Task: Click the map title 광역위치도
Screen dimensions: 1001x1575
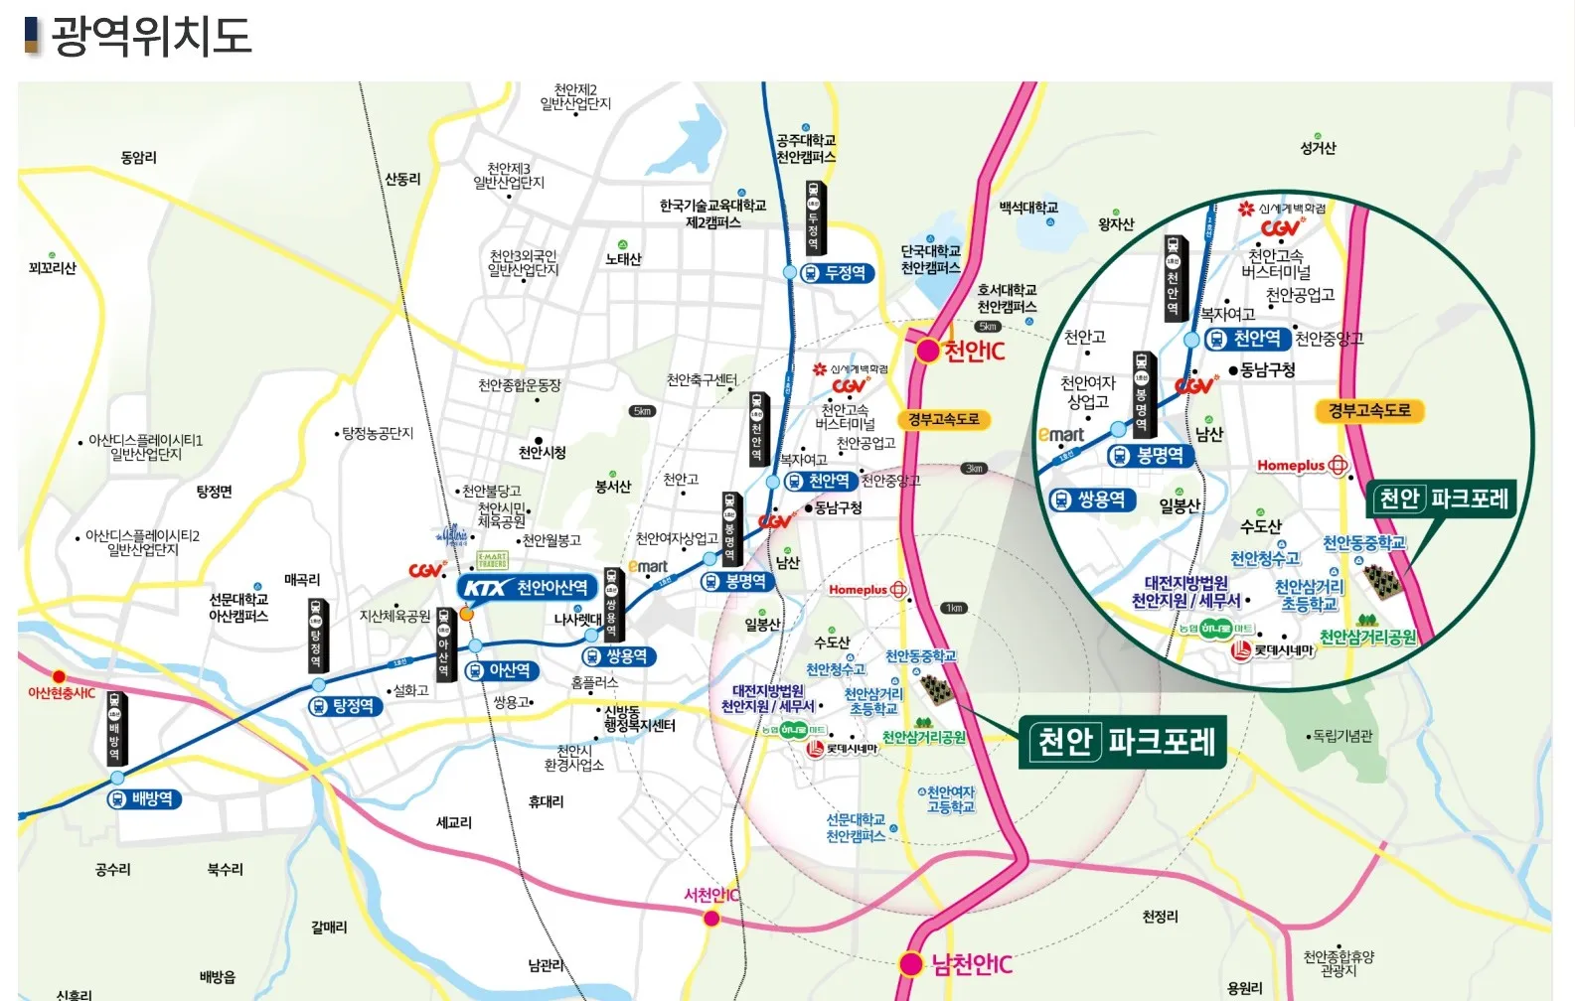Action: pos(150,36)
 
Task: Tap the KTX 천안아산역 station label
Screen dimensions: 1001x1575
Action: pos(529,588)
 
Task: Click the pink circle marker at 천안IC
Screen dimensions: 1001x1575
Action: pos(927,351)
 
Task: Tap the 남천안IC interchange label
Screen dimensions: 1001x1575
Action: pos(971,964)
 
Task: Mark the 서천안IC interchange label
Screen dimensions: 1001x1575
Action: pos(711,895)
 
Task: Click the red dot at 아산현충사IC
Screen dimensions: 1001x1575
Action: pos(59,677)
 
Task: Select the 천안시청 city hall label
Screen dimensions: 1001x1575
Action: pos(543,453)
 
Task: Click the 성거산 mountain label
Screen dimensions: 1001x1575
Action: pos(1318,148)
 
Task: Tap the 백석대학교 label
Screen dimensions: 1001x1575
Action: pos(1028,208)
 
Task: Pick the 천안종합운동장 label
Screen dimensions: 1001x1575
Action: pos(519,385)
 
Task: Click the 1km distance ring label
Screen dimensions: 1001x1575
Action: pos(954,608)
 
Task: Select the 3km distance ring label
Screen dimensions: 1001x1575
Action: pos(974,468)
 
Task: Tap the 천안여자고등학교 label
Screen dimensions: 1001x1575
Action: pos(951,799)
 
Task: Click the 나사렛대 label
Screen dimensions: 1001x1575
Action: pos(577,619)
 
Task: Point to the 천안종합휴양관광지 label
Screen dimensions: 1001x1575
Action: pos(1339,963)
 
